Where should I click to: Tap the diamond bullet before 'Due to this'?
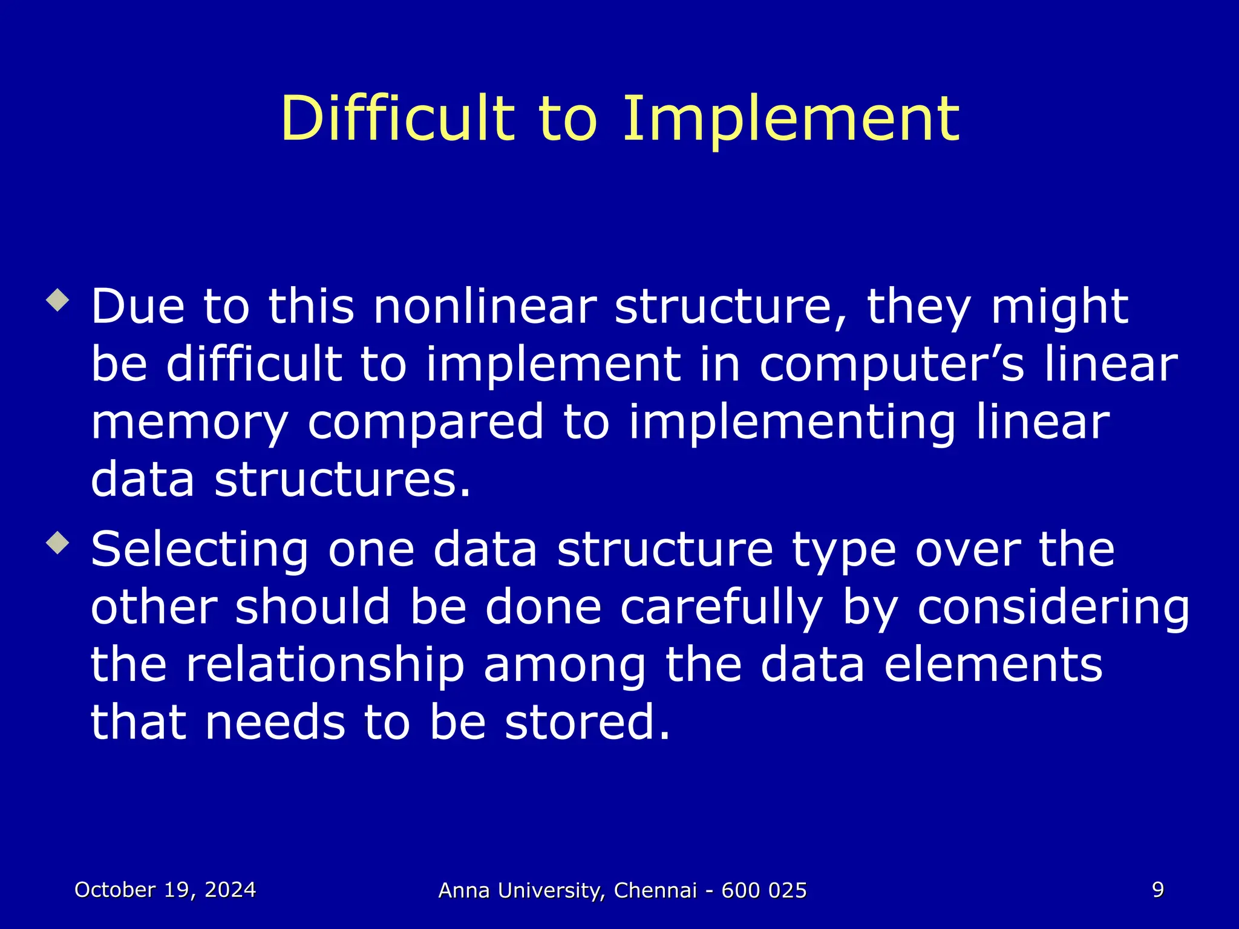click(58, 300)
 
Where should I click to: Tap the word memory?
click(189, 423)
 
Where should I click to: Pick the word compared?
click(425, 423)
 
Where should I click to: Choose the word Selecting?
click(200, 550)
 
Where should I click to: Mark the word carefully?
click(722, 608)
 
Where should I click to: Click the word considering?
click(1053, 608)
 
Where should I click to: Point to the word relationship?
click(325, 666)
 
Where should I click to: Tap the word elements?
click(993, 665)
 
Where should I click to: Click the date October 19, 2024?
click(165, 890)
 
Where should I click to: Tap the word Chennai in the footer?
click(655, 890)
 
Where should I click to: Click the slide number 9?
click(1157, 890)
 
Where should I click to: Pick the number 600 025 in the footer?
click(764, 890)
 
